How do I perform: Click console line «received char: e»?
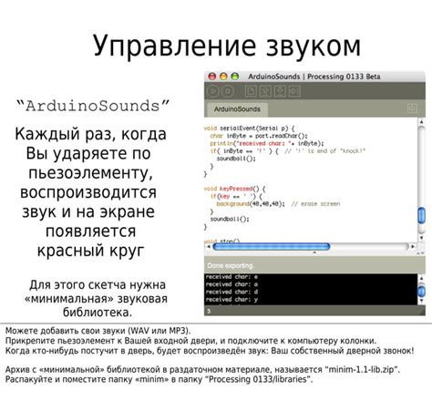(231, 274)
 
